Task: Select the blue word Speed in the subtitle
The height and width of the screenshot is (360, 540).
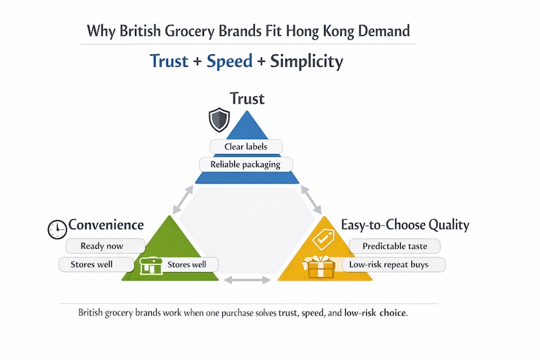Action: (229, 61)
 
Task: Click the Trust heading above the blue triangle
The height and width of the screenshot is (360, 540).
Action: (247, 98)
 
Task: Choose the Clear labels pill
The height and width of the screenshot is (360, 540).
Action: (246, 146)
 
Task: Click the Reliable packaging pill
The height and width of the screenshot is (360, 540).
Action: (245, 164)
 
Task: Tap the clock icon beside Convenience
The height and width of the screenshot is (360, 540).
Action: (56, 229)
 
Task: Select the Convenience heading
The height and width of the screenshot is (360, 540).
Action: (105, 225)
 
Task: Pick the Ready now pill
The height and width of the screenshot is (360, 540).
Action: (105, 246)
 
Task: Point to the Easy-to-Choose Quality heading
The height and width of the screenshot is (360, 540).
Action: (405, 225)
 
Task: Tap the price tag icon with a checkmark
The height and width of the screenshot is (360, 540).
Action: (323, 240)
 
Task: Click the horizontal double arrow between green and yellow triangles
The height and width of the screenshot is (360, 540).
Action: (247, 280)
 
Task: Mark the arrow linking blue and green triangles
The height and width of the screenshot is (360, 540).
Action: (182, 200)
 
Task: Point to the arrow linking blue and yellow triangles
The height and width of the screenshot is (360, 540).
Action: (311, 200)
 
